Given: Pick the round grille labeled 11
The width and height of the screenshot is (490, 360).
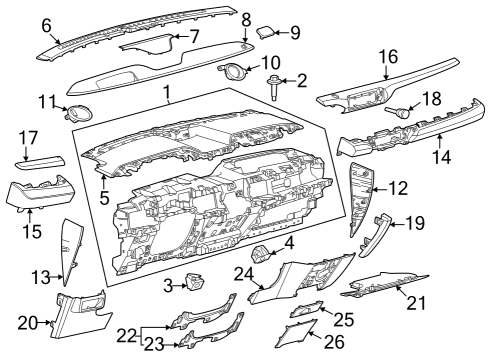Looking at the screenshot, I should (74, 114).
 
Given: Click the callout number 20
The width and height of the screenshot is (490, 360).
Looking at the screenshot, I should (28, 321).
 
